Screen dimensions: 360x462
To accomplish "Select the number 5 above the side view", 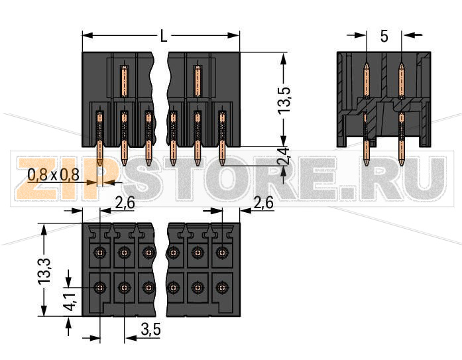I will (x=384, y=36).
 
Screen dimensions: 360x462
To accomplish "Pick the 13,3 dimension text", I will (x=44, y=270).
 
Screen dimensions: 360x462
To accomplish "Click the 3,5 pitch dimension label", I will (x=152, y=330).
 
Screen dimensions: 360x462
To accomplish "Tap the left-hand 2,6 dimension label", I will (x=125, y=204).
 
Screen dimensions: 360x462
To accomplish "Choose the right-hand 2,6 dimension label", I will (x=264, y=204).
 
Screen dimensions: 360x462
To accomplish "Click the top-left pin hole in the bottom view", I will (x=99, y=253).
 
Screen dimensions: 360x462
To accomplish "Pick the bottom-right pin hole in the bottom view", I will (x=221, y=288).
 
